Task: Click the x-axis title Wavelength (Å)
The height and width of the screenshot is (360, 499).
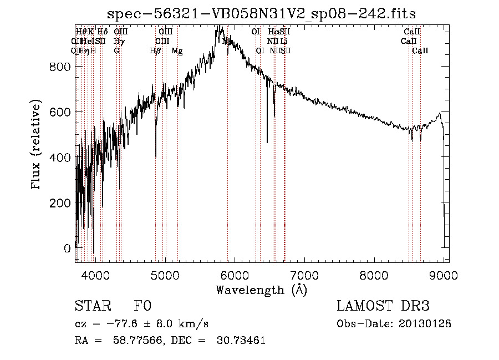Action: (x=261, y=290)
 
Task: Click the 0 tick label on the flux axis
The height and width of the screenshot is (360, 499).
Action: (x=67, y=249)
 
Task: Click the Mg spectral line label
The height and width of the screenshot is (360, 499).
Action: (x=177, y=51)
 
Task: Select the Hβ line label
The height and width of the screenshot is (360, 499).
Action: (x=155, y=51)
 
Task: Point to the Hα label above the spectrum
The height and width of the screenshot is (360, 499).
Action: (x=273, y=32)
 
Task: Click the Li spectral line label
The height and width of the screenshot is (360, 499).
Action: (x=284, y=41)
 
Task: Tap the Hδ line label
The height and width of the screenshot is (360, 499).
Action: (x=102, y=32)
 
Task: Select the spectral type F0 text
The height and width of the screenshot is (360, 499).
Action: (x=142, y=307)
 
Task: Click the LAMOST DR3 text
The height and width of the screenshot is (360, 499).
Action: (x=383, y=307)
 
